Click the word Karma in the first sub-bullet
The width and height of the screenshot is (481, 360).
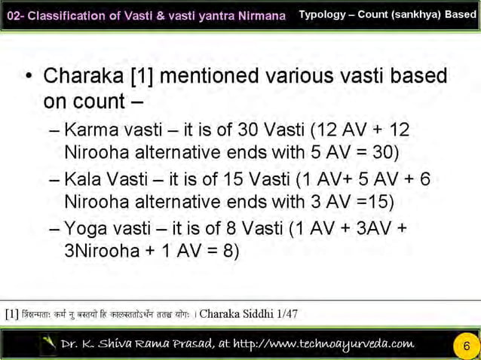(90, 130)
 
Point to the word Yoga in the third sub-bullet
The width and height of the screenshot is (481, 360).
(85, 228)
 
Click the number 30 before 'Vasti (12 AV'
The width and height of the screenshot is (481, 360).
(248, 130)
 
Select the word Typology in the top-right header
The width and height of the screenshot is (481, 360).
(322, 14)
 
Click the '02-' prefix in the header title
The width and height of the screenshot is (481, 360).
(17, 15)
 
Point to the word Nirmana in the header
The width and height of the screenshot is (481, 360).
(263, 15)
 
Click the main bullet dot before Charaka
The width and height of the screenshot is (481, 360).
(28, 78)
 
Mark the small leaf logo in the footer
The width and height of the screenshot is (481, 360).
(49, 344)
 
